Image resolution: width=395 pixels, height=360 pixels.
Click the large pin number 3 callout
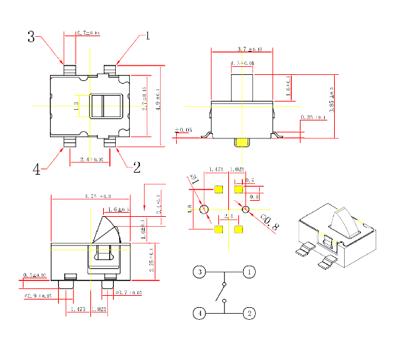[31, 37]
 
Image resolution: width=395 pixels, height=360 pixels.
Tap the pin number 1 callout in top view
[147, 35]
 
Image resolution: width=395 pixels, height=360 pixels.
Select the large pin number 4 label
[36, 169]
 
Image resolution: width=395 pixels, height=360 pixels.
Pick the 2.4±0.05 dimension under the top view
[92, 160]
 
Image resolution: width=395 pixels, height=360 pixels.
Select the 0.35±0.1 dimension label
[313, 117]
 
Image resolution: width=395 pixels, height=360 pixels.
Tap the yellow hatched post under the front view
[242, 142]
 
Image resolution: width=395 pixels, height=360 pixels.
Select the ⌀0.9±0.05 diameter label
[38, 295]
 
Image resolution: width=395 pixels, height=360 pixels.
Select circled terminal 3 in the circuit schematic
[199, 272]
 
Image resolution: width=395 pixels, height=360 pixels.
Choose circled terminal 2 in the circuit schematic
[248, 312]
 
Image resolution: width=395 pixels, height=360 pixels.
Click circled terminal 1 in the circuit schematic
[248, 272]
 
